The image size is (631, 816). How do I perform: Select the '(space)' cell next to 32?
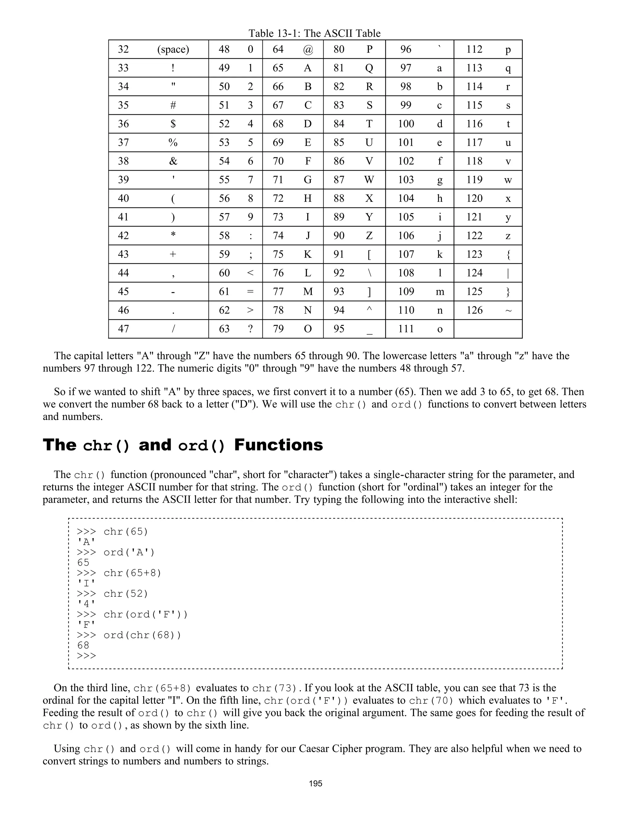[x=173, y=49]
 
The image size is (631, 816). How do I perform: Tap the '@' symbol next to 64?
[x=308, y=50]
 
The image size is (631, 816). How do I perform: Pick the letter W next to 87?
[x=369, y=180]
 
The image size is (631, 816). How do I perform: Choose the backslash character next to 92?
[x=369, y=273]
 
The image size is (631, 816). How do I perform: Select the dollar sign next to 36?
[x=173, y=124]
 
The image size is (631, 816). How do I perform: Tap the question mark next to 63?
[x=250, y=329]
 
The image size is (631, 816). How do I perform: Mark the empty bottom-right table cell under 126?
[x=487, y=329]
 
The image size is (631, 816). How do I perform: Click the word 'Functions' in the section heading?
[x=278, y=445]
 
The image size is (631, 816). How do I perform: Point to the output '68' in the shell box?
[x=83, y=645]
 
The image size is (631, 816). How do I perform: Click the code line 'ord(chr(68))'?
[x=142, y=635]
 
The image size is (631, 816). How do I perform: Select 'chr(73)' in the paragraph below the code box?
[x=275, y=688]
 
